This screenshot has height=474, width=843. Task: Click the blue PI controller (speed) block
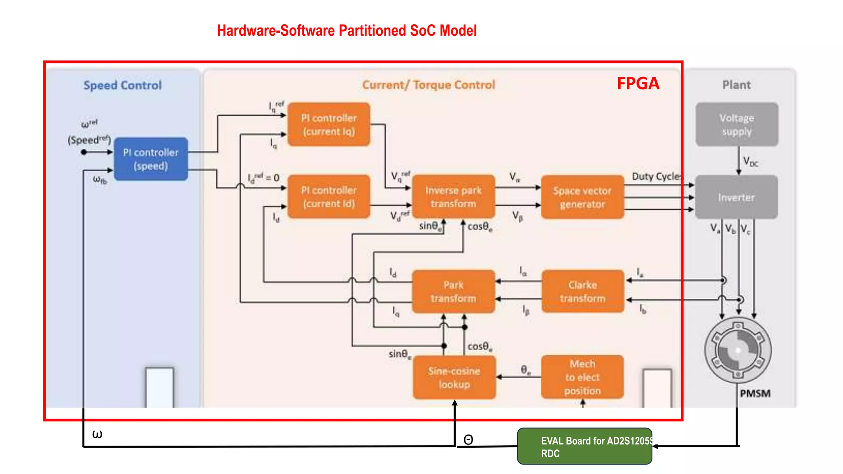(151, 159)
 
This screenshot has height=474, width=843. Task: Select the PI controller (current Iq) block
(328, 124)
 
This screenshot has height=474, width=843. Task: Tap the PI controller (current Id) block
(328, 197)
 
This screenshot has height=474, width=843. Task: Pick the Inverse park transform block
(453, 197)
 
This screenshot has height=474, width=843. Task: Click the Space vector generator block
(582, 197)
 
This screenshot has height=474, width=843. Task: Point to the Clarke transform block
(582, 291)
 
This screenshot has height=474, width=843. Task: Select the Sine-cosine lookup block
(454, 377)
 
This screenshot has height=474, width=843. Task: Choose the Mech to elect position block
(582, 377)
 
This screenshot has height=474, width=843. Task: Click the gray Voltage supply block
(736, 124)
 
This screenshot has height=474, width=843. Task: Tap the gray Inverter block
(736, 197)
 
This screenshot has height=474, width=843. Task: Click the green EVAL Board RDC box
(585, 446)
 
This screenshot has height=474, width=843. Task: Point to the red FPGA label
(638, 84)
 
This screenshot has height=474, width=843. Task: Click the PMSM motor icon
(738, 350)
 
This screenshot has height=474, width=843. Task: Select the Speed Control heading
(122, 85)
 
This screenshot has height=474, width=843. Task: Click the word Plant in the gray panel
(736, 85)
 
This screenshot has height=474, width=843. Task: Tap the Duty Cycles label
(657, 177)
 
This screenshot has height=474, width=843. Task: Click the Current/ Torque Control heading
(428, 85)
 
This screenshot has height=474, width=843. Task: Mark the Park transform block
(453, 291)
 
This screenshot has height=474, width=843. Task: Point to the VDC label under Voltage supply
(750, 161)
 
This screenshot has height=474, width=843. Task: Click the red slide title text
(347, 30)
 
